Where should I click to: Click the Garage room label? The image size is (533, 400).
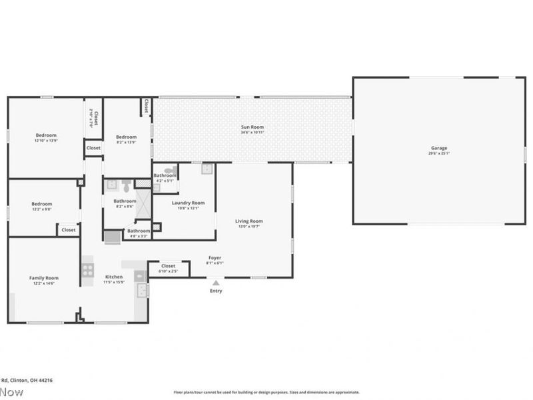click(x=438, y=148)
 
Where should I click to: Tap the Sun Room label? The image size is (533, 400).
click(x=253, y=127)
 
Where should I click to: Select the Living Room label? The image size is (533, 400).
click(x=249, y=221)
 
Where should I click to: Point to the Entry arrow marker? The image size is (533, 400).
click(x=216, y=283)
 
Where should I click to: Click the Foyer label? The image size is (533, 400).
click(x=215, y=257)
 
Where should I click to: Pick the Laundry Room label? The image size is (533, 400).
click(x=188, y=203)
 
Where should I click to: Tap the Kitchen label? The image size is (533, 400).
click(x=114, y=277)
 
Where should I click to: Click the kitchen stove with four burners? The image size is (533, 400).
click(x=87, y=270)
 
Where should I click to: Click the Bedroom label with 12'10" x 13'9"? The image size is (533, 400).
click(x=46, y=135)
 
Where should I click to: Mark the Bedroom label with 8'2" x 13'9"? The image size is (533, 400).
click(x=126, y=137)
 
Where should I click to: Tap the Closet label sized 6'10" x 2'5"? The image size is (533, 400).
click(x=168, y=266)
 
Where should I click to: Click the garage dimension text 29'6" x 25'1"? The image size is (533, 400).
click(x=438, y=153)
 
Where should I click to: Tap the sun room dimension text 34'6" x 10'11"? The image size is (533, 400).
click(x=253, y=132)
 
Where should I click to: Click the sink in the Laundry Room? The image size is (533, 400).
click(x=207, y=169)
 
